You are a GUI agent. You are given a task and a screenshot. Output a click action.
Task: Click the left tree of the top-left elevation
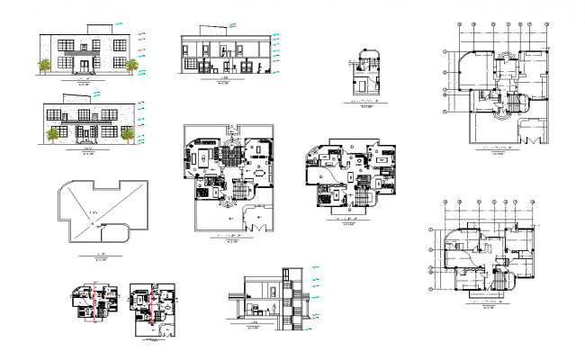coord(44,65)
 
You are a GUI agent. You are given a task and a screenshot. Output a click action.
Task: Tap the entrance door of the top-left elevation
coord(87,64)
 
